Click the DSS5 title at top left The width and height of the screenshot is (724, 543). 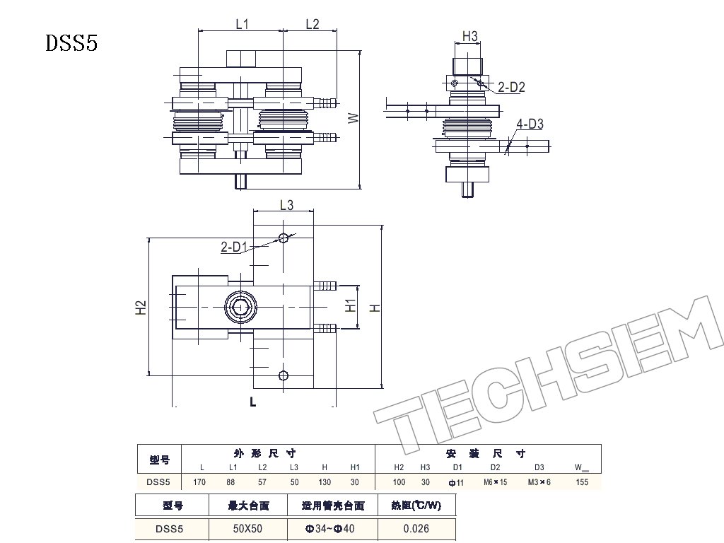tap(71, 43)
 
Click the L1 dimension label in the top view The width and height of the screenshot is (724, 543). tap(243, 24)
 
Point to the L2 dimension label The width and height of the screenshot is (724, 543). tap(313, 24)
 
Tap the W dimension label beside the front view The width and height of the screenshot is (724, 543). tap(354, 118)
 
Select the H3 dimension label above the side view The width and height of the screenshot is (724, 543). tap(469, 36)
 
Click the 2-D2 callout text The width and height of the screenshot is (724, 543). tap(511, 87)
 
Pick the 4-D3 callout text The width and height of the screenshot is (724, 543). tap(530, 124)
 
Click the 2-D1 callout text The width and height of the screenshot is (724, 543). tap(234, 247)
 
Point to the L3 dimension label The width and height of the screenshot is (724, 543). tap(287, 205)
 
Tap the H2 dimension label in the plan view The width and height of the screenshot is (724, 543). tap(141, 308)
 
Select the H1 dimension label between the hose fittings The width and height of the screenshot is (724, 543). tap(351, 305)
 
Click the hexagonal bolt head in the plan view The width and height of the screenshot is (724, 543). tap(240, 307)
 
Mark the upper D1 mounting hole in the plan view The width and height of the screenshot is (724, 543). tap(283, 238)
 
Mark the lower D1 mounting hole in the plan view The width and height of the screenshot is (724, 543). tap(284, 375)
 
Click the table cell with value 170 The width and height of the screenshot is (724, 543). tap(199, 482)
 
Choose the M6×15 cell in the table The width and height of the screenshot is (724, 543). tap(495, 482)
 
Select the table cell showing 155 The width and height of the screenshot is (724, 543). tap(582, 482)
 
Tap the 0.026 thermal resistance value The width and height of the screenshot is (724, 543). tap(416, 529)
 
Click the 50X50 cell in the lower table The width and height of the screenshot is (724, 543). tap(247, 529)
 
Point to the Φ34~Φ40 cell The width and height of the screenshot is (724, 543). tap(329, 529)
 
